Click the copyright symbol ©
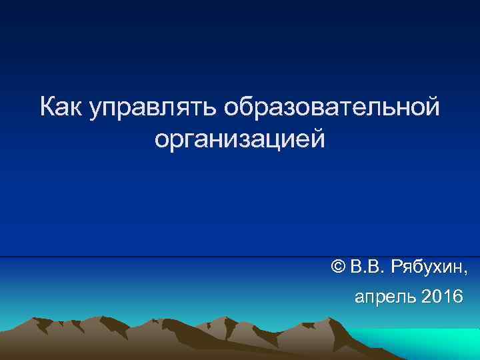click(x=338, y=268)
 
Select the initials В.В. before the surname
click(x=369, y=268)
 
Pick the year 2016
click(x=441, y=296)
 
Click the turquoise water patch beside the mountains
click(x=427, y=343)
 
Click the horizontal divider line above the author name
click(x=240, y=256)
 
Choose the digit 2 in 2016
click(x=427, y=296)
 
